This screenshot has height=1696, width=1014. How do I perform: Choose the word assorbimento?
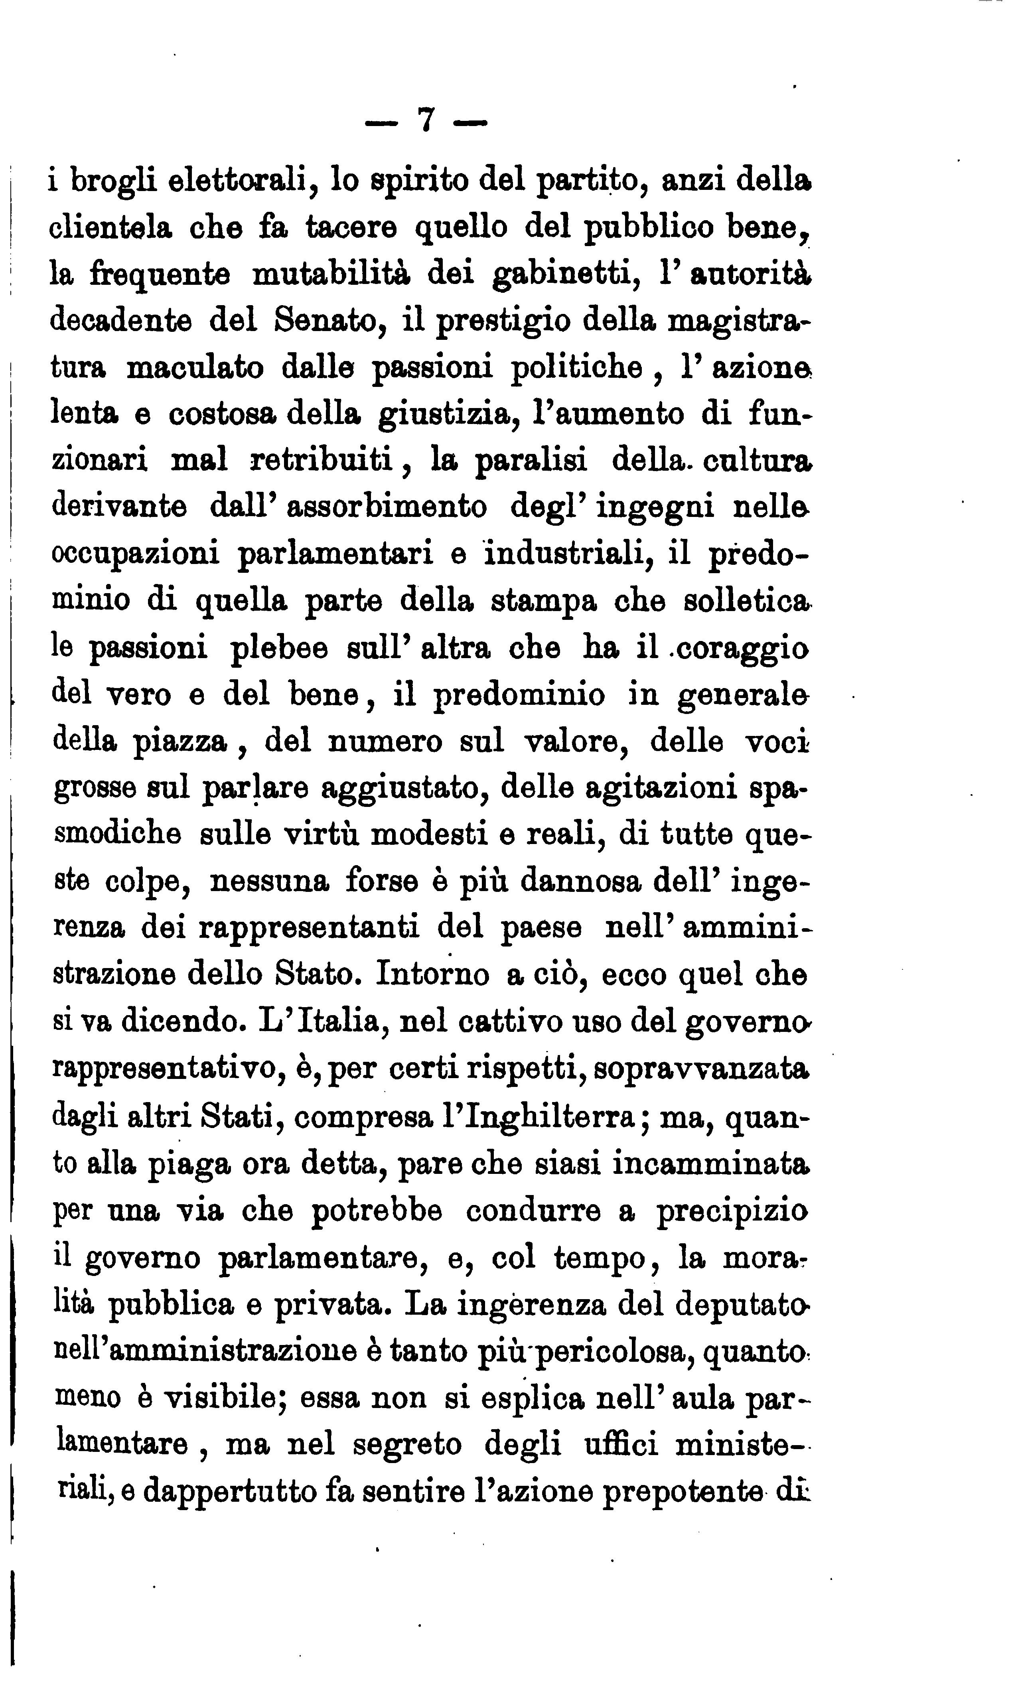coord(387,507)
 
